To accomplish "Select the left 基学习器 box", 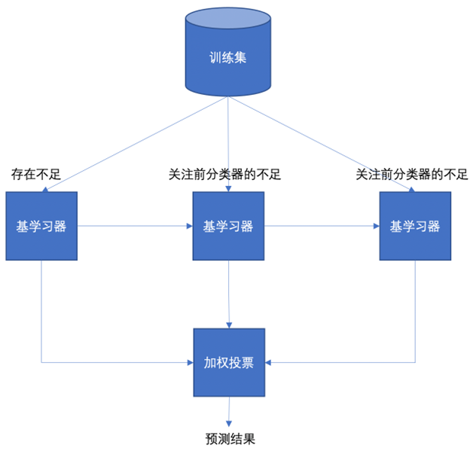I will click(41, 226).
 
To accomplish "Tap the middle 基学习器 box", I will click(228, 226).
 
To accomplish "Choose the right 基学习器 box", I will click(414, 226).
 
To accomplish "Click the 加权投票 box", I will click(229, 362).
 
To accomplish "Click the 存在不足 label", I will click(35, 175).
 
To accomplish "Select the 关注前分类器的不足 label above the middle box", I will click(224, 175).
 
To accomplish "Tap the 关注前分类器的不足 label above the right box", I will click(411, 175).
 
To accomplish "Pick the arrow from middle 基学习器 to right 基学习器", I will click(322, 225).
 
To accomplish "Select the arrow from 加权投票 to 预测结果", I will click(229, 412).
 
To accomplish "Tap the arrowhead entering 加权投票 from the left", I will click(189, 362).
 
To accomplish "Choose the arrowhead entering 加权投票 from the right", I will click(269, 362).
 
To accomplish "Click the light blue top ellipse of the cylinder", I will click(228, 20).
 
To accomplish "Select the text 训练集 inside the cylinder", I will click(228, 57).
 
